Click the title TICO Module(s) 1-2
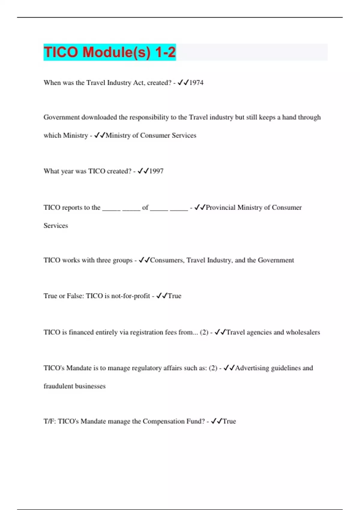[x=109, y=52]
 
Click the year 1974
[x=196, y=83]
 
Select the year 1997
[x=156, y=171]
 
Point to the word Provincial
[x=220, y=208]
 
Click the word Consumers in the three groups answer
[x=167, y=260]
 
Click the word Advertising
[x=252, y=368]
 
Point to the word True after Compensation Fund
[x=229, y=421]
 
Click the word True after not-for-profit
[x=175, y=296]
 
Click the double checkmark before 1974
[x=183, y=83]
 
